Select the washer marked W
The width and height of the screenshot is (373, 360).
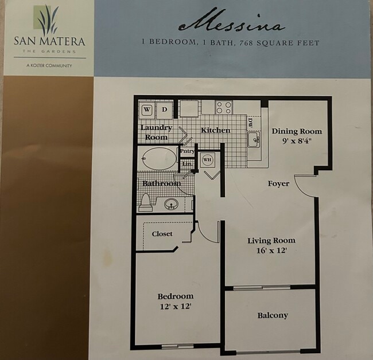pos(147,109)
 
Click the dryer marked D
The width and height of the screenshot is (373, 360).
pos(164,109)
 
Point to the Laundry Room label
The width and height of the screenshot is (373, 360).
pos(156,132)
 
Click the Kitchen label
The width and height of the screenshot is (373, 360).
pos(215,130)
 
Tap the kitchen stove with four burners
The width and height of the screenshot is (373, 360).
pos(224,107)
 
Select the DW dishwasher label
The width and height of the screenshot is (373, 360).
pos(250,122)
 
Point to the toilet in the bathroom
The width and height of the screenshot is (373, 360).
pos(146,202)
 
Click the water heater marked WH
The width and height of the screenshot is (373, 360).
pos(207,159)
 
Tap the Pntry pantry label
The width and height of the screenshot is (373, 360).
pos(187,152)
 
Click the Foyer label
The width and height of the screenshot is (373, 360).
pos(278,183)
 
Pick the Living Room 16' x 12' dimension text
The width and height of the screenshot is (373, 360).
pos(271,251)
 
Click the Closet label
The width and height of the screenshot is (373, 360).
pos(162,234)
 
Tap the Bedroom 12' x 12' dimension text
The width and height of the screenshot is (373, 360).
pos(175,307)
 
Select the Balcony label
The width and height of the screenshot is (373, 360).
pos(273,315)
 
